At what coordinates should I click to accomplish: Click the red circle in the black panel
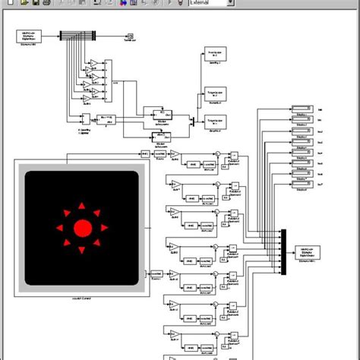(x=82, y=228)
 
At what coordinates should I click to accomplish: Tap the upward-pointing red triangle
(x=82, y=204)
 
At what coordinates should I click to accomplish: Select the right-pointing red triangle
(x=106, y=228)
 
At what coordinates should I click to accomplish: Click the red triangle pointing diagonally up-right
(x=99, y=211)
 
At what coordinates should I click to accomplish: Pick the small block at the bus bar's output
(x=130, y=36)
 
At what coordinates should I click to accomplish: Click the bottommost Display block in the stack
(x=302, y=185)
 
